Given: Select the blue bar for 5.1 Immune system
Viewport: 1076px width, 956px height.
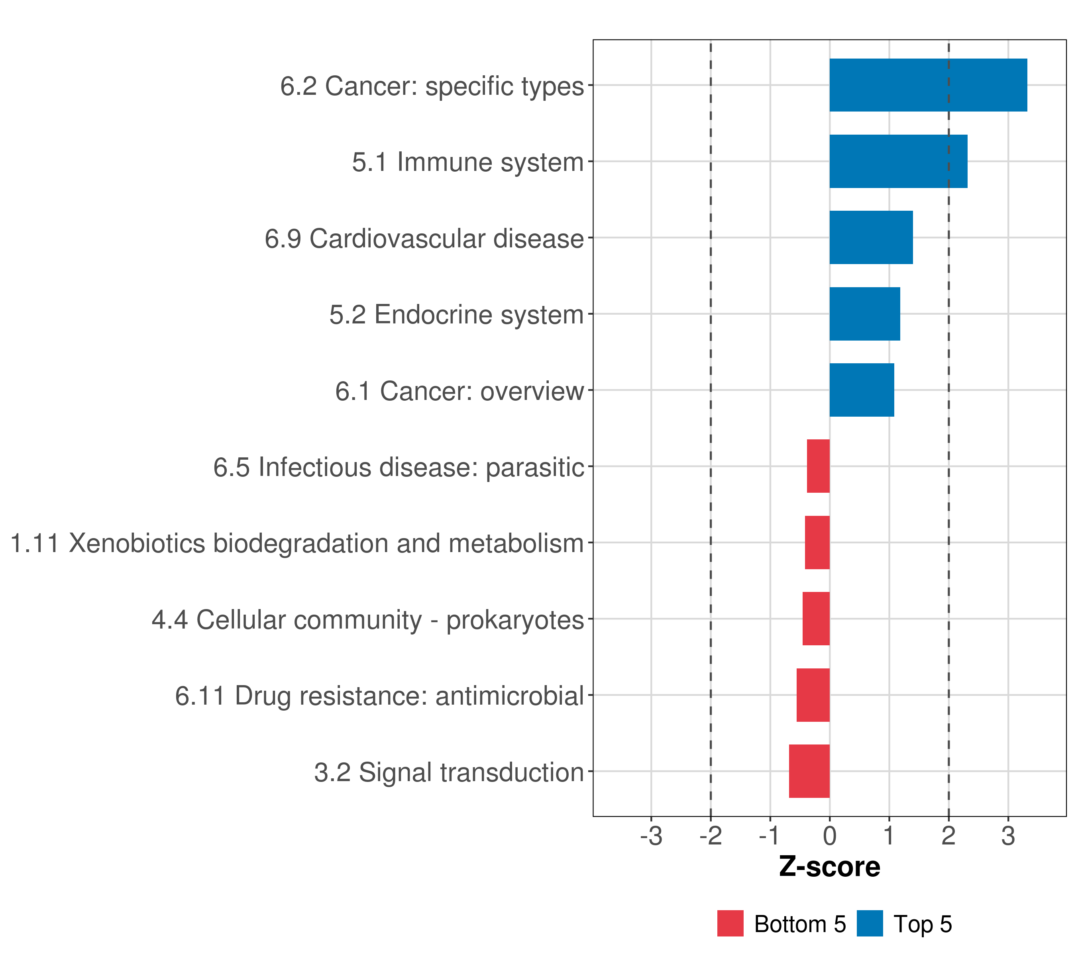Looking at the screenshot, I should (x=898, y=162).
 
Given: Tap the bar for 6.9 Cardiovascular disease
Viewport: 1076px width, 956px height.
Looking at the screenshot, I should (x=871, y=237).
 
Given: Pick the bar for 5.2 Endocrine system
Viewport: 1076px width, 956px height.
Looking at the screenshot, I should (x=864, y=314).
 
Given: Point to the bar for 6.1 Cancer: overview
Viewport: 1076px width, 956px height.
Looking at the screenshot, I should (x=861, y=390).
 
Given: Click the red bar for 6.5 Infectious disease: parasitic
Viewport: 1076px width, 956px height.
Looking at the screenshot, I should (x=818, y=466).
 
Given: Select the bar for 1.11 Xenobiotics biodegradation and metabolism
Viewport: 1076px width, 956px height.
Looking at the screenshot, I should (x=817, y=543).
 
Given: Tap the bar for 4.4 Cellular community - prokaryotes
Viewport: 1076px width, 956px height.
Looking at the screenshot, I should (x=816, y=619).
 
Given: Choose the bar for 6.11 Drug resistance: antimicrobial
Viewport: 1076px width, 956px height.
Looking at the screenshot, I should (x=813, y=695).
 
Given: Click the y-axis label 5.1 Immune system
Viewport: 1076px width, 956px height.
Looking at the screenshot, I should (x=467, y=162).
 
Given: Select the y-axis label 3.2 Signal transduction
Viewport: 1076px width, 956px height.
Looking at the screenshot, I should (x=448, y=772).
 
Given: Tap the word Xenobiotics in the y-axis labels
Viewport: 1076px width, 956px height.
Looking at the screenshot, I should (x=136, y=543).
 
